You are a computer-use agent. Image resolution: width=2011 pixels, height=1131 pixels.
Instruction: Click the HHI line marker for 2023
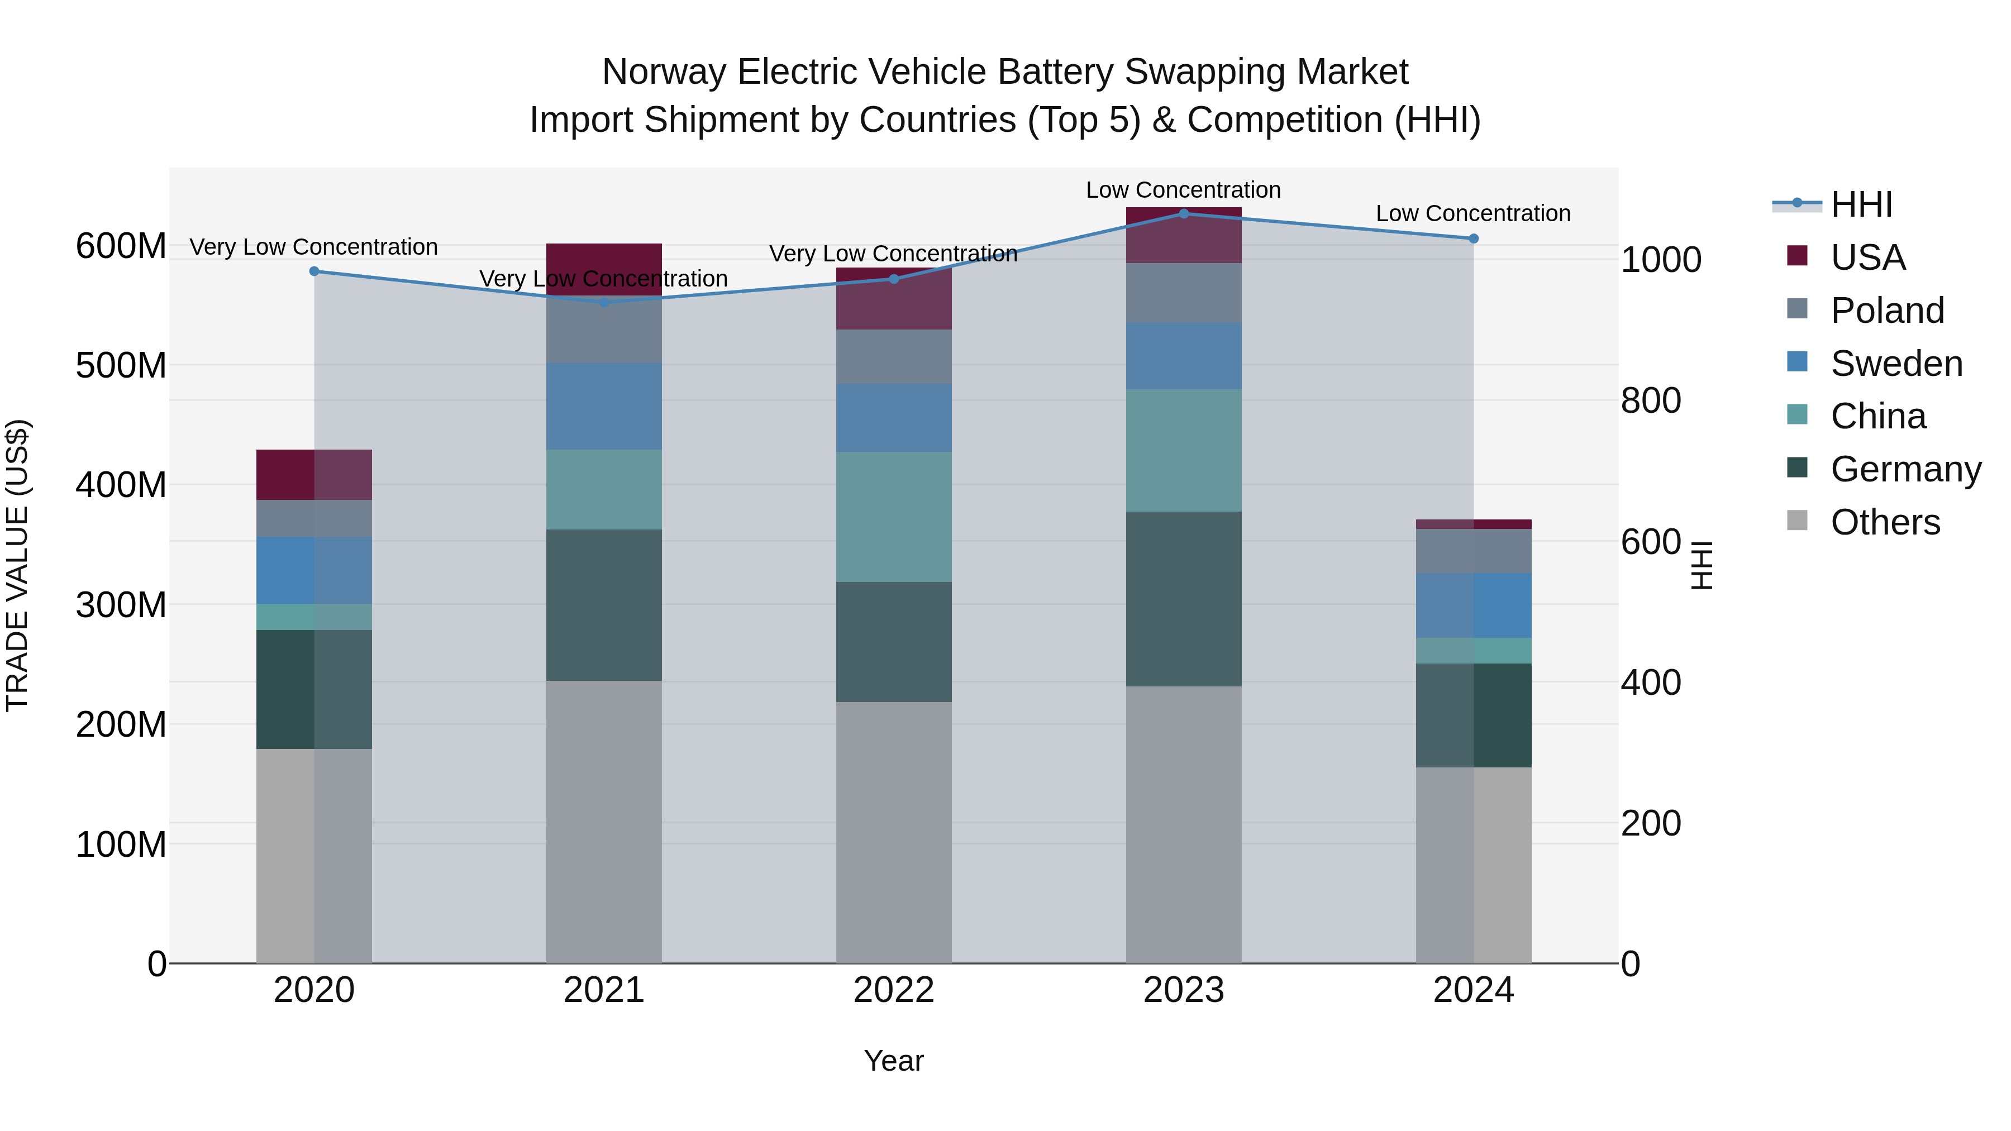1184,213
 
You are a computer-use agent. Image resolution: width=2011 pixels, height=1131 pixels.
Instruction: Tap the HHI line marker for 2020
314,271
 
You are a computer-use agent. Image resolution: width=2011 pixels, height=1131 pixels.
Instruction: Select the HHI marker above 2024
1473,238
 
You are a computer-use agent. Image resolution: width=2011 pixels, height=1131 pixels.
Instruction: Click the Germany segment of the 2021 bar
603,605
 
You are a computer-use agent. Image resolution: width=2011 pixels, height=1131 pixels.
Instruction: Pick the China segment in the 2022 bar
893,516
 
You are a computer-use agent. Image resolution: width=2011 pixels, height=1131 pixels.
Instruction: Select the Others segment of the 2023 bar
1184,824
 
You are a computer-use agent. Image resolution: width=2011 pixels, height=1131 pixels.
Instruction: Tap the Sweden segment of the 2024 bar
1473,605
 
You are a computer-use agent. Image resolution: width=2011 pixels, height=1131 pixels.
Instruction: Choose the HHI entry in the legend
1861,204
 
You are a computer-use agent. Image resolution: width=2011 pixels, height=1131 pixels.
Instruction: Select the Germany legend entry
1905,469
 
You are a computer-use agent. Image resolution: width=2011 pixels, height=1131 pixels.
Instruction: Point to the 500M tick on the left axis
121,365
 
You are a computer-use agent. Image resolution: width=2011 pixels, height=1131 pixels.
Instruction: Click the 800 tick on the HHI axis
1650,400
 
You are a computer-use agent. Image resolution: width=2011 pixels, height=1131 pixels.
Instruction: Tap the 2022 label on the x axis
893,990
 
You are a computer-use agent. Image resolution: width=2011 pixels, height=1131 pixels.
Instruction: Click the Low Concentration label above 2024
1472,213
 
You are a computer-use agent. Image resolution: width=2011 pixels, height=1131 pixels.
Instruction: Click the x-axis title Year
893,1061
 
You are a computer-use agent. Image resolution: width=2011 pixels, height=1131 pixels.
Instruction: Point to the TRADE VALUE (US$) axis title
17,565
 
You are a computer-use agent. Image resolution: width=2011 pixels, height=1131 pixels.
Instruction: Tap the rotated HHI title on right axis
1703,565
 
